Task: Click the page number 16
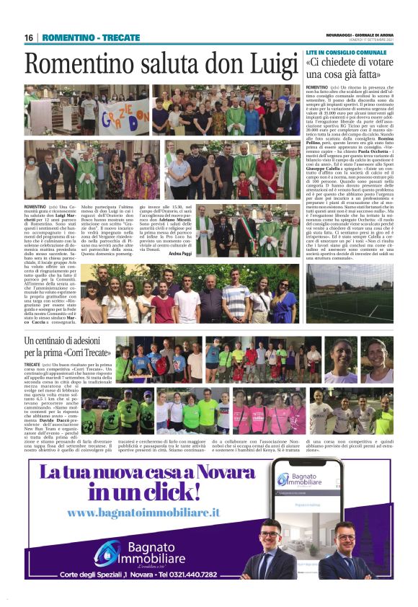point(29,37)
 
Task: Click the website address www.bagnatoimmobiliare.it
point(143,512)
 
